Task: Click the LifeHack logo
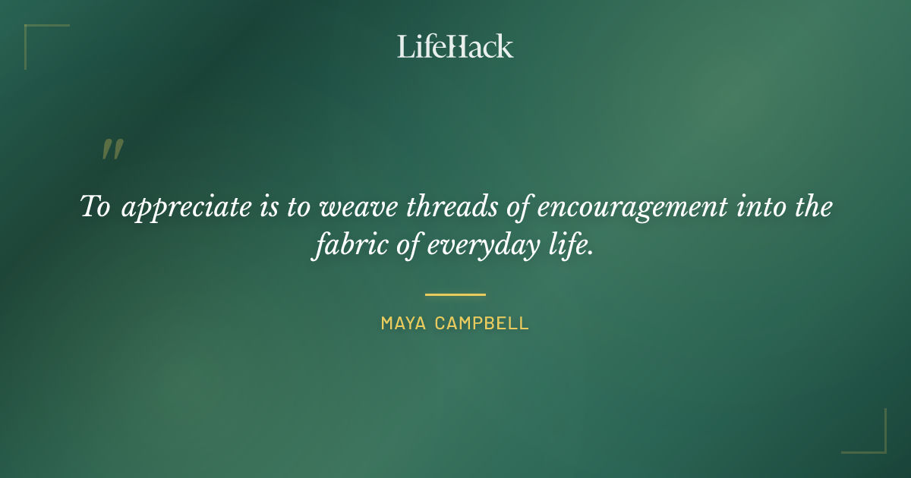(455, 46)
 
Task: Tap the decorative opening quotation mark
(112, 149)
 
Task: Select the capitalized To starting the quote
(96, 207)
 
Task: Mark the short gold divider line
(455, 294)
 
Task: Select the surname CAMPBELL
(483, 324)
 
